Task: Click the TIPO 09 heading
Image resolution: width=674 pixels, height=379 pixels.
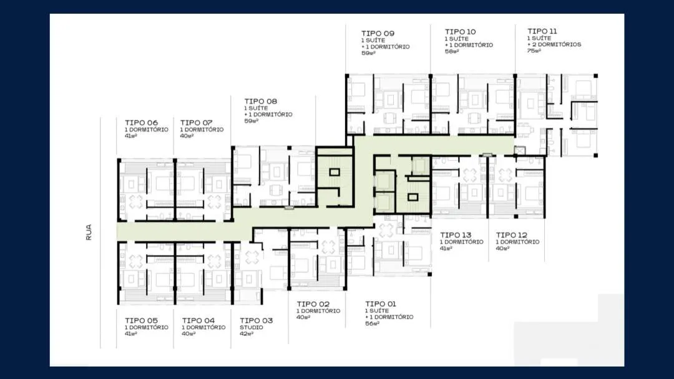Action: click(x=378, y=34)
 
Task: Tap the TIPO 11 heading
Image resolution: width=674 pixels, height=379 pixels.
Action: click(x=542, y=31)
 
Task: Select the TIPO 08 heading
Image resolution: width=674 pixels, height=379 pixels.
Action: click(x=261, y=102)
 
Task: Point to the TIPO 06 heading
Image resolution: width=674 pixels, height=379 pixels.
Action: click(x=142, y=123)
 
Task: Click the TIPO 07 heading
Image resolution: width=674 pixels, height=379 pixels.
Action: click(x=197, y=123)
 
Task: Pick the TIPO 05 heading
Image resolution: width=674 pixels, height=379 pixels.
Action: click(x=142, y=320)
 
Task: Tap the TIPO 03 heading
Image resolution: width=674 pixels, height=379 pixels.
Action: click(x=256, y=320)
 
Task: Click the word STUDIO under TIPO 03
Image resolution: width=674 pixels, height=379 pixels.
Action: click(x=252, y=327)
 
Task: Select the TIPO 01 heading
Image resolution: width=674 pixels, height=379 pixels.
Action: click(x=381, y=304)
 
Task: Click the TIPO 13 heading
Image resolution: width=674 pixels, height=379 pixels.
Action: click(x=456, y=235)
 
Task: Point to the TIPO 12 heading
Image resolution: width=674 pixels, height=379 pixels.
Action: click(x=512, y=235)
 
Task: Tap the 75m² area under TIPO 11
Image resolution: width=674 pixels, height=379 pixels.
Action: click(x=534, y=50)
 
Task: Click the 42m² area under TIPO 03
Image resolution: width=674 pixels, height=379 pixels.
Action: click(x=247, y=334)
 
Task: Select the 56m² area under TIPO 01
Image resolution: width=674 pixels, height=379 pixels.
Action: click(x=372, y=324)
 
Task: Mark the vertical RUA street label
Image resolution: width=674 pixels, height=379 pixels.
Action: click(x=89, y=233)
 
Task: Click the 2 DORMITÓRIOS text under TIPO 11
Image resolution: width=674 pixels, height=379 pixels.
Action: click(x=557, y=44)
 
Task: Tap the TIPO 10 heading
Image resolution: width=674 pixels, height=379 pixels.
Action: click(x=461, y=32)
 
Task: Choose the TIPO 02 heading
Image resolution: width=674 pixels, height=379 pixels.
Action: click(x=313, y=304)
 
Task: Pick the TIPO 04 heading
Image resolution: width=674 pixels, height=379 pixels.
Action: click(x=198, y=320)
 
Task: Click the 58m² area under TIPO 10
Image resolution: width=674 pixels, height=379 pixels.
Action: click(x=452, y=52)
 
